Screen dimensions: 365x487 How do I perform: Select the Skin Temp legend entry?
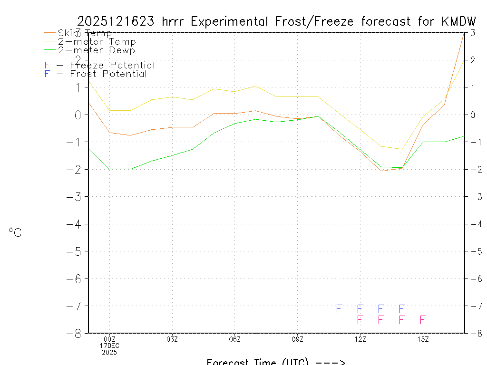(85, 33)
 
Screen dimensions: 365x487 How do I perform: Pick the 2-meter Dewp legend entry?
(96, 50)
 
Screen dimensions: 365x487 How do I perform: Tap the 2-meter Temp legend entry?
(97, 42)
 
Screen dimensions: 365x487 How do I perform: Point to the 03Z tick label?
(172, 339)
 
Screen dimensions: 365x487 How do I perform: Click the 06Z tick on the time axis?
(235, 339)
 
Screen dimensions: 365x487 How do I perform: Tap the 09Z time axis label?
(298, 339)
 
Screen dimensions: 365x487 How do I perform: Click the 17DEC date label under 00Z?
(110, 346)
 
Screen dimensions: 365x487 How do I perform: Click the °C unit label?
(15, 233)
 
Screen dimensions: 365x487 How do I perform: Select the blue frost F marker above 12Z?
(360, 309)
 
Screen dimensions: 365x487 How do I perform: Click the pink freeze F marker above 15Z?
(423, 319)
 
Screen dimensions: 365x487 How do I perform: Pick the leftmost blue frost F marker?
(339, 309)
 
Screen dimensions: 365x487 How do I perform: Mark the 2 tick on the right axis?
(473, 60)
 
